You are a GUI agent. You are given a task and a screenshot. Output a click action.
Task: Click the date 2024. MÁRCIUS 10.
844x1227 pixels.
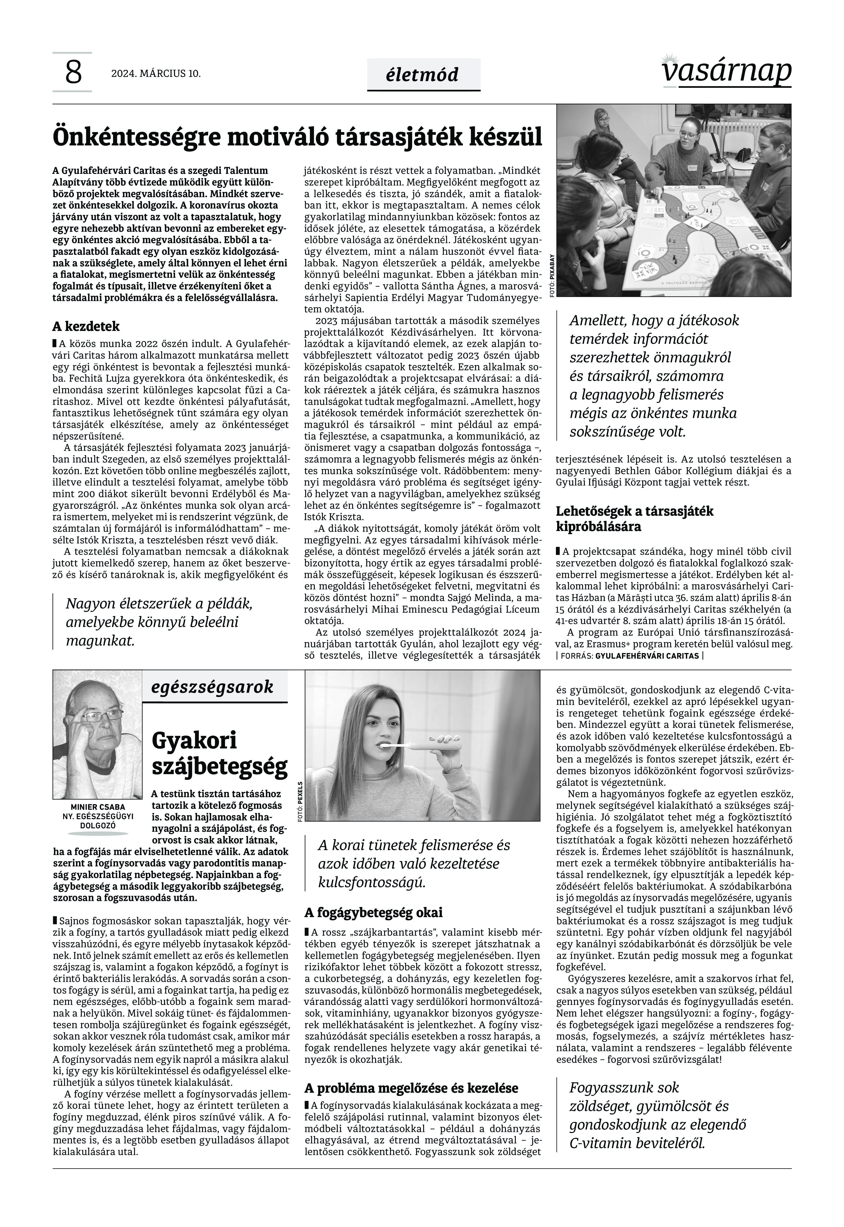(x=156, y=73)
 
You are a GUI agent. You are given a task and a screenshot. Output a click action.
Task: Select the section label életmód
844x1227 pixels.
(x=423, y=75)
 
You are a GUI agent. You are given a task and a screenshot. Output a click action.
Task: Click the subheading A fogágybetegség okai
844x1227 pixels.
(x=373, y=912)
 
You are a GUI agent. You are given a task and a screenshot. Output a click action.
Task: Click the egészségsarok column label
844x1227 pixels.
(x=212, y=687)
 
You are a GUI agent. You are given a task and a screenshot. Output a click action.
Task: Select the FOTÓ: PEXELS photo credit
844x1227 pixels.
(x=300, y=801)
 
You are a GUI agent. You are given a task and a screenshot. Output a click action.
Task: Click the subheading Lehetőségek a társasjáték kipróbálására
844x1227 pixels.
(x=635, y=519)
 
